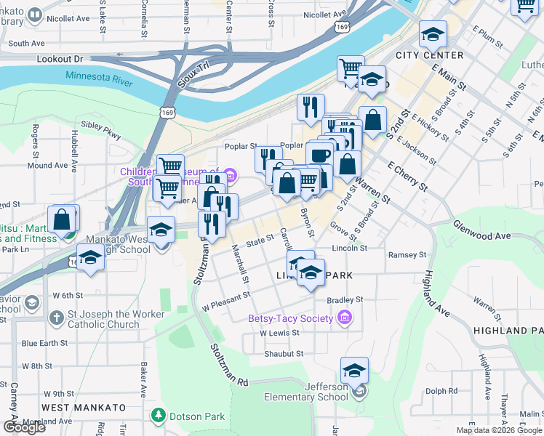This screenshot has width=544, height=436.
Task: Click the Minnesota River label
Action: [x=99, y=79]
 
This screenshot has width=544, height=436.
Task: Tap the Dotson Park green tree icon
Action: [x=158, y=415]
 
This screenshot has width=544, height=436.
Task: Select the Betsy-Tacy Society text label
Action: [x=290, y=318]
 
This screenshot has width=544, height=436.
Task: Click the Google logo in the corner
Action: [x=24, y=427]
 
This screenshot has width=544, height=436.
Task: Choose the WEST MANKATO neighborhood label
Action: [x=76, y=408]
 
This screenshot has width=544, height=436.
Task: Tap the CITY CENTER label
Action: [x=429, y=55]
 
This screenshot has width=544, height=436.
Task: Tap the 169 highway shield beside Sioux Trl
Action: [x=169, y=113]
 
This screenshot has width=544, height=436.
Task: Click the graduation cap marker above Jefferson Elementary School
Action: [x=354, y=371]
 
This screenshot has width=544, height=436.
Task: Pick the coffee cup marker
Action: [x=319, y=154]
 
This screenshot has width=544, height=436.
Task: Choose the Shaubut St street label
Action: [x=282, y=353]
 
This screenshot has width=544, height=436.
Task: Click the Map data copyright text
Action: [x=499, y=430]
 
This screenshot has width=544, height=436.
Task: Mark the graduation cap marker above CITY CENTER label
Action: [x=433, y=34]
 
